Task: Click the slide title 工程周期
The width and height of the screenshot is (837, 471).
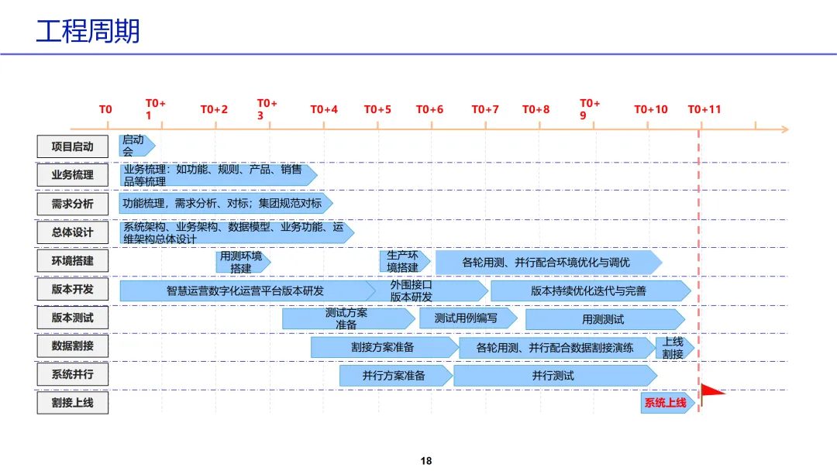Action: pos(88,32)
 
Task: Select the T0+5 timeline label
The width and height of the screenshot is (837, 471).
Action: pos(377,109)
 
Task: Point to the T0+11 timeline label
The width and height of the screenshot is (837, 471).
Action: pos(704,109)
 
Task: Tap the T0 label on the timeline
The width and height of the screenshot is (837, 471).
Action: pos(105,109)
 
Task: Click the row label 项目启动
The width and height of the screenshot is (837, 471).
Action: pos(72,146)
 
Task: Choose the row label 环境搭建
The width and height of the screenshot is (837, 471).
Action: pos(72,261)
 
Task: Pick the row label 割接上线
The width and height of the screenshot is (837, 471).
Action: pos(72,403)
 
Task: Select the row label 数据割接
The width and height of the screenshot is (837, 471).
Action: pos(72,346)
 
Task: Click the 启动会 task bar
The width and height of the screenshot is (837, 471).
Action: pos(136,146)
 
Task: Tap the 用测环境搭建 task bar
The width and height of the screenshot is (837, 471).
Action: pos(242,262)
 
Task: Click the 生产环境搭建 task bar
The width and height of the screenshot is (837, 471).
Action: pos(403,262)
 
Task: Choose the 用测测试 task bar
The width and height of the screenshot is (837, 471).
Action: pos(604,319)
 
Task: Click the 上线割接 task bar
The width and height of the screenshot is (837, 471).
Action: pos(673,348)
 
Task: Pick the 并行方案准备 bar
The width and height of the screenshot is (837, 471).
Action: pos(394,376)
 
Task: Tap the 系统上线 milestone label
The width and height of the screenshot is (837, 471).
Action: pos(666,403)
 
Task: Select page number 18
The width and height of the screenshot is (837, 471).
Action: pos(425,461)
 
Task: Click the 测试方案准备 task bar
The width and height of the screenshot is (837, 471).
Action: pos(347,318)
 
